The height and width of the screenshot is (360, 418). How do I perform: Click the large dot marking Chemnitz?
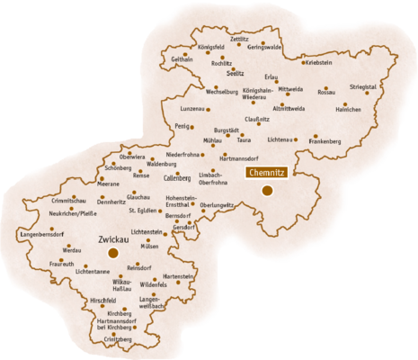click(267, 190)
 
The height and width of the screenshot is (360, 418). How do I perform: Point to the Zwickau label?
click(112, 240)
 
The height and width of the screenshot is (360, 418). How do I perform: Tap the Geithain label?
click(182, 58)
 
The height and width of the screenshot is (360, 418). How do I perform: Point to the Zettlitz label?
click(239, 40)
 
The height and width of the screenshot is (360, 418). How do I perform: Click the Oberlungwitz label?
click(217, 204)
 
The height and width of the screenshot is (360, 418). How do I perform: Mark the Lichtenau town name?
click(280, 139)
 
